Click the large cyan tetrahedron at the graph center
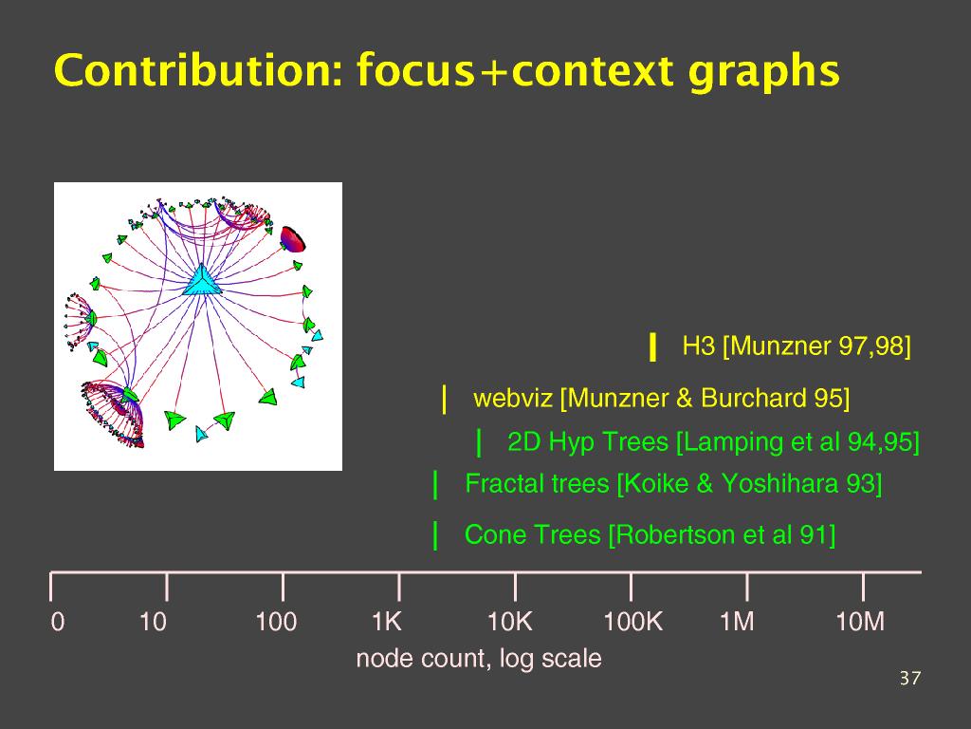pos(202,280)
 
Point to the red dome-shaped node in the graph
pos(293,239)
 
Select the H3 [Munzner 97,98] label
pos(797,346)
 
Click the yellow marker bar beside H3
pos(652,346)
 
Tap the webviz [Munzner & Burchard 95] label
pos(661,398)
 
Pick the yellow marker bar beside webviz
pos(444,399)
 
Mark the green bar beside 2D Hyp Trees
pos(479,442)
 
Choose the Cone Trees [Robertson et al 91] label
pos(650,535)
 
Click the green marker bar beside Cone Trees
pos(435,535)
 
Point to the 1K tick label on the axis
pos(387,621)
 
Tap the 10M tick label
pos(860,621)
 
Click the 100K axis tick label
pos(632,621)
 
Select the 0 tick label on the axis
pos(58,621)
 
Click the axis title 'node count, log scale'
pos(479,659)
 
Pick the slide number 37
pos(910,678)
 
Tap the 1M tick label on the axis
pos(737,621)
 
